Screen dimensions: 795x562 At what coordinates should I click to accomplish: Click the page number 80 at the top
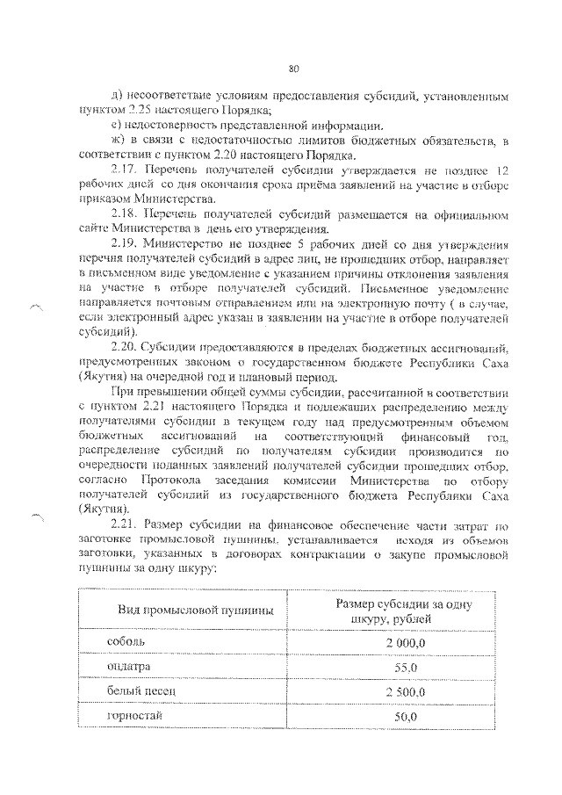coord(294,69)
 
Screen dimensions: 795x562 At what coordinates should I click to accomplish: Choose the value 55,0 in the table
coord(405,668)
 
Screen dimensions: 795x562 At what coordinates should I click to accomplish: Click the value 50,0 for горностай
coord(405,717)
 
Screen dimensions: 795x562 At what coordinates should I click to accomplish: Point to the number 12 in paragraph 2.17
coord(501,169)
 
